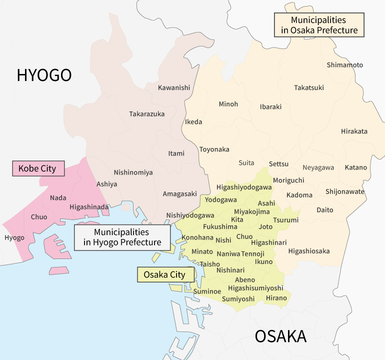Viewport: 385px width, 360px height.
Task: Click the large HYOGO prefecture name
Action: pos(44,75)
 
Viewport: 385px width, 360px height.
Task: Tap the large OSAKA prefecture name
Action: pos(280,336)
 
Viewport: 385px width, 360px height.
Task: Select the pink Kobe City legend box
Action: pos(38,168)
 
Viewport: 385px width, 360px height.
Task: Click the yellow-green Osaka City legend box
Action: pos(164,274)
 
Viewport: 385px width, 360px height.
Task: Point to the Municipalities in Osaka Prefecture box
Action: pos(319,25)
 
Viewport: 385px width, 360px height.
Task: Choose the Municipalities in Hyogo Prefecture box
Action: pos(121,237)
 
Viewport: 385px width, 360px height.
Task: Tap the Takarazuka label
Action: pos(146,114)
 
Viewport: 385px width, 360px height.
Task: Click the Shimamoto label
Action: pos(344,65)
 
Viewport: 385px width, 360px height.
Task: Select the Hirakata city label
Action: pos(354,131)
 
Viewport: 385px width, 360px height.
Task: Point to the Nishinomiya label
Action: pos(133,172)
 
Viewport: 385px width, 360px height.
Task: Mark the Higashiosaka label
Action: pos(308,251)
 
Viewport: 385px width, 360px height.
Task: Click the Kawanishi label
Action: pos(174,87)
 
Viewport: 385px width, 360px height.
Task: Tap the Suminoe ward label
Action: pos(207,290)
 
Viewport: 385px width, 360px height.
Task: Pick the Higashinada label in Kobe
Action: pos(89,207)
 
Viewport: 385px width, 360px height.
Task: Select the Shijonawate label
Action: pos(345,191)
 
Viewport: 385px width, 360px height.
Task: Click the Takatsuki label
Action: pos(308,87)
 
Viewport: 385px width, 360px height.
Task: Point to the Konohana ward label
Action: pos(197,237)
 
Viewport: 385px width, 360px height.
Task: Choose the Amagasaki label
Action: pos(179,193)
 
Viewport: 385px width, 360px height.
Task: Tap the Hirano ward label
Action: pos(276,298)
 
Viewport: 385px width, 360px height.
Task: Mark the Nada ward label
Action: pos(58,198)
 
